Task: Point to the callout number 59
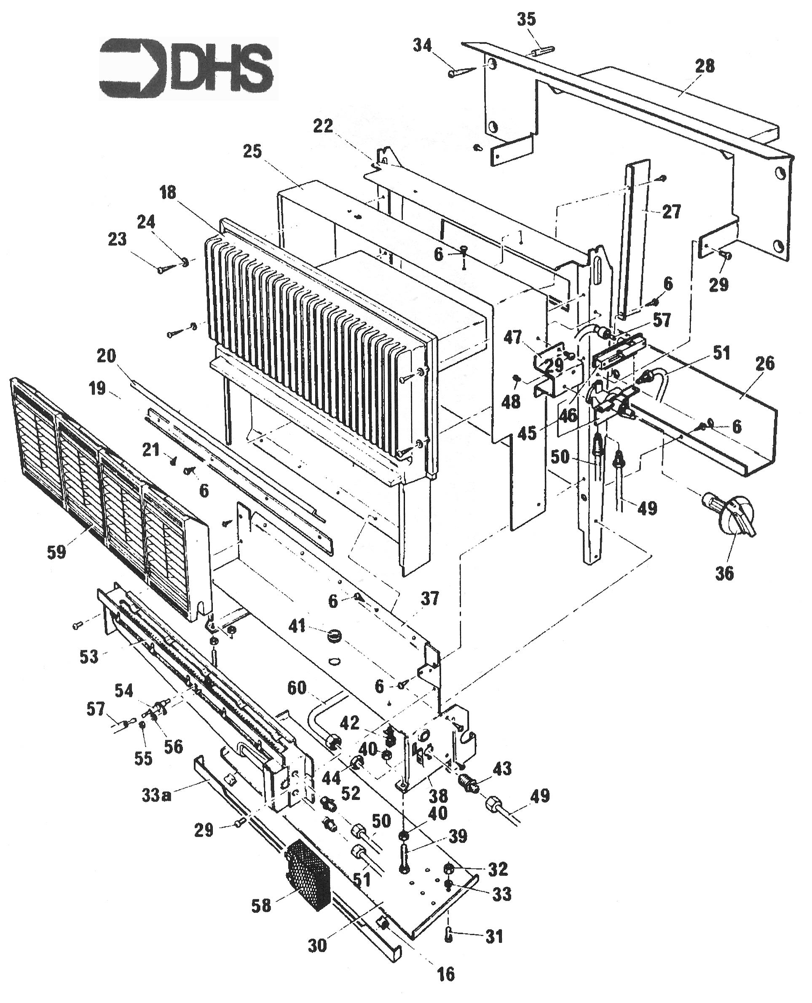tap(56, 552)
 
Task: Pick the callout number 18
tap(168, 192)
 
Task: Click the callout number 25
tap(252, 151)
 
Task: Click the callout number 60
tap(297, 687)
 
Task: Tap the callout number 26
tap(764, 363)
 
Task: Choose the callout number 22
tap(323, 126)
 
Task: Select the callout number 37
tap(429, 599)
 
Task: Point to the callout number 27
tap(671, 211)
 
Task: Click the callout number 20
tap(106, 356)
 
